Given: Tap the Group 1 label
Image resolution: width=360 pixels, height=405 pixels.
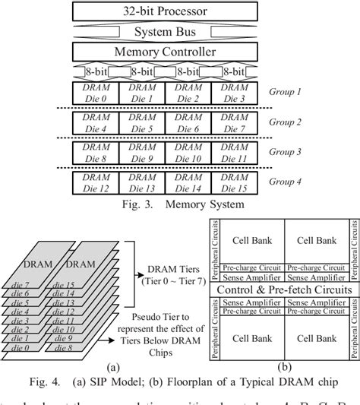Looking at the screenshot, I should click(x=285, y=92).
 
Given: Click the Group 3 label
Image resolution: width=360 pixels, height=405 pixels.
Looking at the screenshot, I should click(x=285, y=152).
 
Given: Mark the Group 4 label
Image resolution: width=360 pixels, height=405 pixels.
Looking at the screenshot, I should click(x=285, y=182).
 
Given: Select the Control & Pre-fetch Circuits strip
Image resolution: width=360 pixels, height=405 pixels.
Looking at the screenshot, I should click(x=284, y=291).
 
